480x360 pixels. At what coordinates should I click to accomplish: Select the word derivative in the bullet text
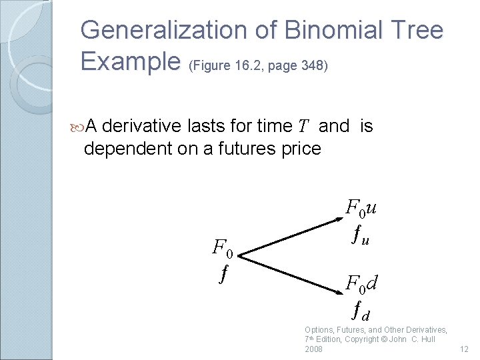[143, 126]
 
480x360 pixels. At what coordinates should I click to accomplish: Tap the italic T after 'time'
[303, 127]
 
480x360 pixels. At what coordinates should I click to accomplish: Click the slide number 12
[465, 349]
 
